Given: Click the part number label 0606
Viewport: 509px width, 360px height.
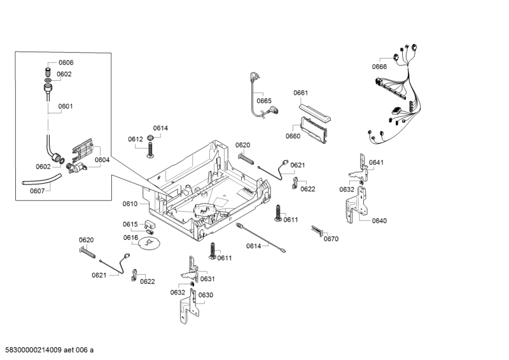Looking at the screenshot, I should click(66, 62).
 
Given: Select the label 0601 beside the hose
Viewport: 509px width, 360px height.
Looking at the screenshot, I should click(66, 107).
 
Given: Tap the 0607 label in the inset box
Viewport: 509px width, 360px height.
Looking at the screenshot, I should click(38, 190).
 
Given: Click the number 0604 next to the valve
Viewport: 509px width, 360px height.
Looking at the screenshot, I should click(102, 160).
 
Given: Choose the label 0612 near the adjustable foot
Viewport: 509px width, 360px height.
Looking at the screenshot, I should click(135, 139).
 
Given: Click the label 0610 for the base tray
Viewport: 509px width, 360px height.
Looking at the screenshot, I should click(130, 204).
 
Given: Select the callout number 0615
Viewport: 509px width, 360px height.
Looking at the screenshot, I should click(130, 225).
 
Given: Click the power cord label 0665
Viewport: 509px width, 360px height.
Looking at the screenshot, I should click(264, 101).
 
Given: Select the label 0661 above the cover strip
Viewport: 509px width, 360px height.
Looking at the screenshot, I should click(301, 93).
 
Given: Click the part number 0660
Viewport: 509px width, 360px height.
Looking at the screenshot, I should click(293, 136).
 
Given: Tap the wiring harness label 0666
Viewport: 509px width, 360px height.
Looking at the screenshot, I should click(379, 67).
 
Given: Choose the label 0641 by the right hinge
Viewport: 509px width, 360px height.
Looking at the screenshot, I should click(377, 163).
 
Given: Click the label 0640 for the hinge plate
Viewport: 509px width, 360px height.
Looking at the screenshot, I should click(379, 221).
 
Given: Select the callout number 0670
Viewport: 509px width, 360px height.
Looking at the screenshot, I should click(331, 239).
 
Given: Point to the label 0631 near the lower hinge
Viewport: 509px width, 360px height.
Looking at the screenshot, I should click(207, 279).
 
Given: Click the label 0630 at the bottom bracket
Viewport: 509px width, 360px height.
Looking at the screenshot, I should click(206, 295).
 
